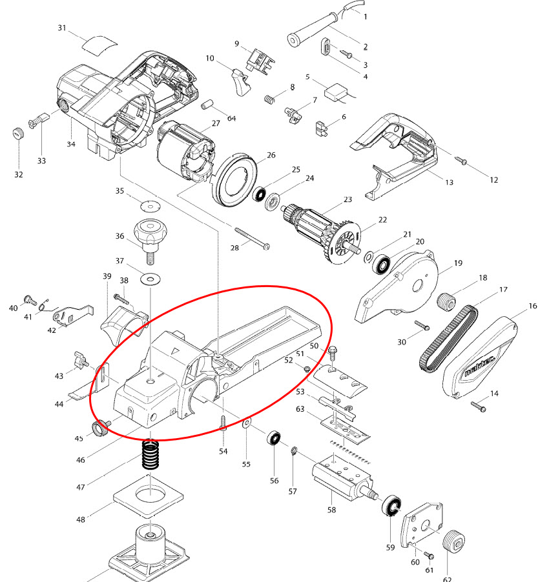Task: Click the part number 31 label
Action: tap(62, 28)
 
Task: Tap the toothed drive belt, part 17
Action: tap(448, 337)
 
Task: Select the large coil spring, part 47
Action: tap(150, 455)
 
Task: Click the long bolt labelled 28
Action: tap(252, 238)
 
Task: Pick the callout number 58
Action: tap(331, 510)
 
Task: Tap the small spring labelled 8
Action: tap(270, 99)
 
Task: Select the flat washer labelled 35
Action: tap(150, 205)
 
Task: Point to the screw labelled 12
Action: tap(461, 160)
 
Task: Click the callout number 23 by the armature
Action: tap(347, 199)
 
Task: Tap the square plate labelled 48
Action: tap(149, 498)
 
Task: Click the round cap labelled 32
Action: tap(18, 133)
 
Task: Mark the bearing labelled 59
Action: tap(391, 505)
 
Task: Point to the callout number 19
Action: tap(458, 263)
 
